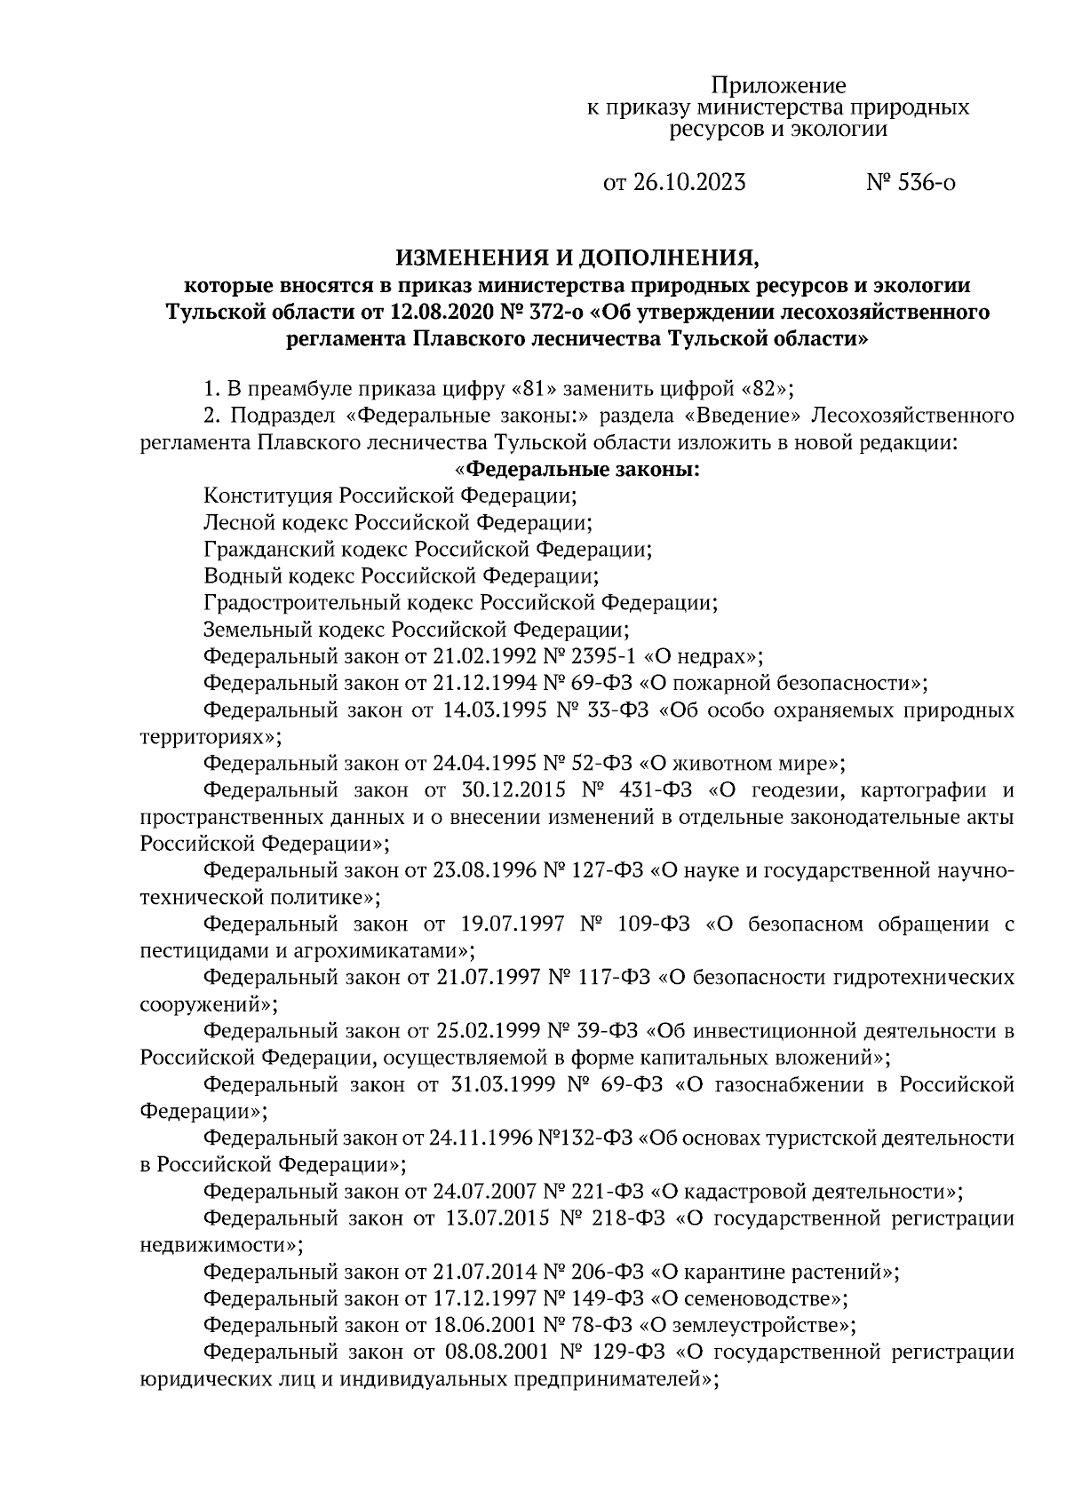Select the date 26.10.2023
click(690, 183)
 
